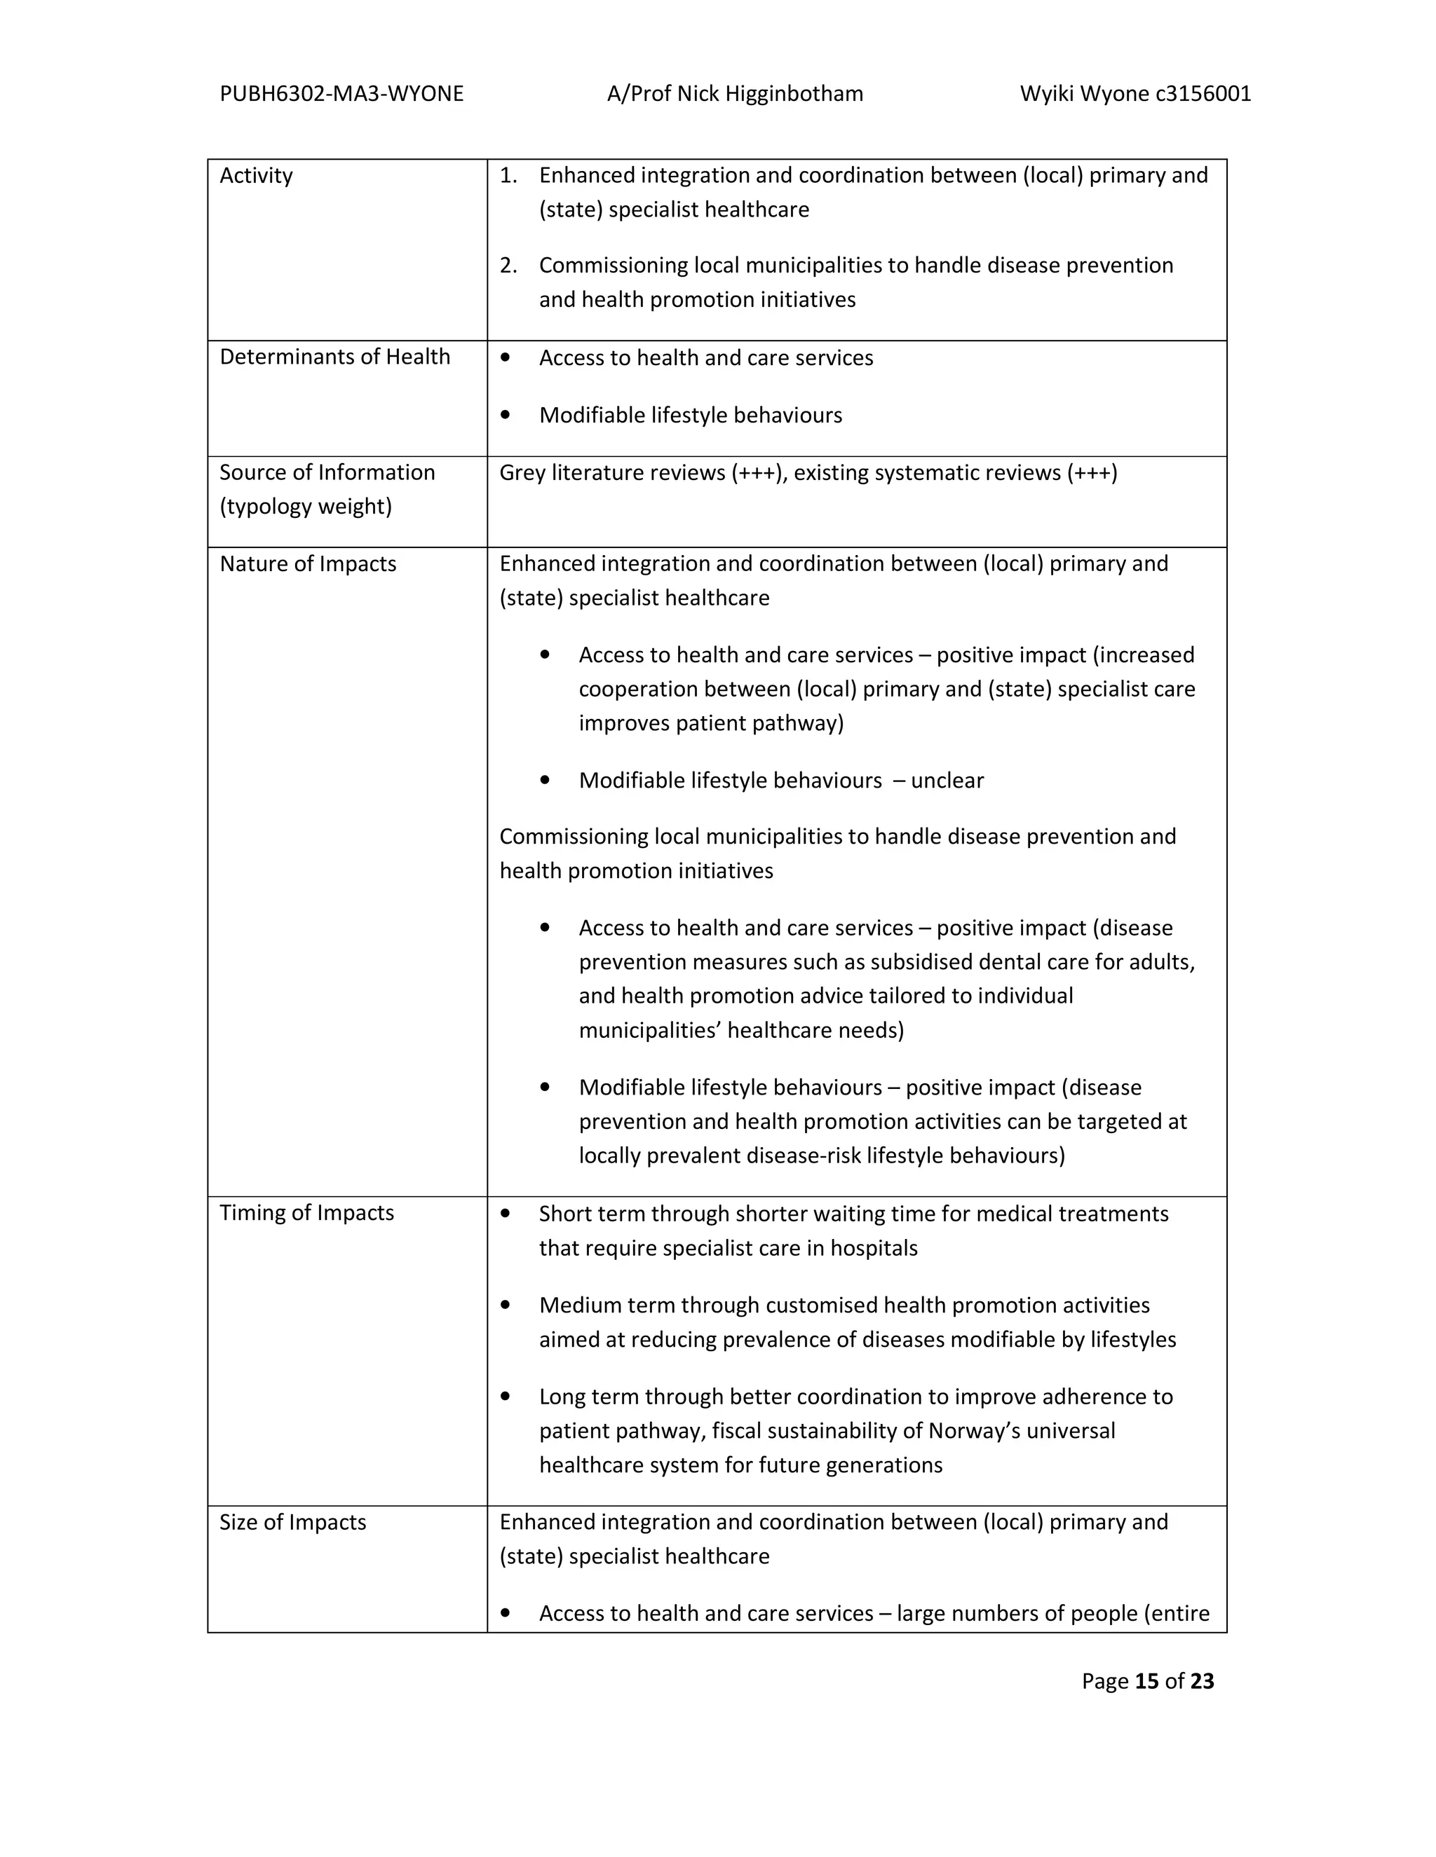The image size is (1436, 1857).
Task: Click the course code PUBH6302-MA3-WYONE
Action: pyautogui.click(x=341, y=93)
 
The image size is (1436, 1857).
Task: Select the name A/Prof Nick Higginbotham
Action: pyautogui.click(x=735, y=93)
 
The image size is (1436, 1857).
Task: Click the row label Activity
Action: pyautogui.click(x=256, y=175)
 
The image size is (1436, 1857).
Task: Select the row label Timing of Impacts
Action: pyautogui.click(x=306, y=1212)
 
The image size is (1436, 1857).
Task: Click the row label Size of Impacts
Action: pyautogui.click(x=292, y=1522)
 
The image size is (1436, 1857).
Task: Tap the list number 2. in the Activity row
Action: pyautogui.click(x=509, y=266)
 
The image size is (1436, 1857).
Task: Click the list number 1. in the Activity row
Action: pyautogui.click(x=509, y=175)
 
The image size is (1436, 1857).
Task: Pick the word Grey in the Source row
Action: pyautogui.click(x=522, y=473)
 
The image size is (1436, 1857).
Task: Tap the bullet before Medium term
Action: pyautogui.click(x=506, y=1306)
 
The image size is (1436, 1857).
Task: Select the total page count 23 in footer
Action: pyautogui.click(x=1202, y=1681)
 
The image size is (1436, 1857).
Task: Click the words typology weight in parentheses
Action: pyautogui.click(x=306, y=507)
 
